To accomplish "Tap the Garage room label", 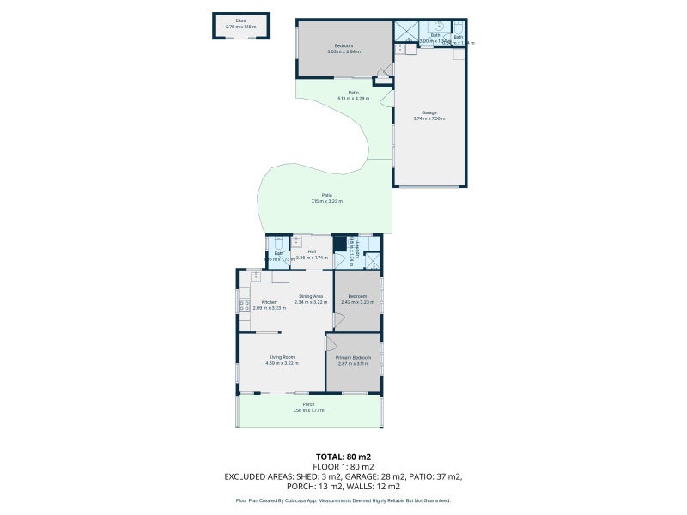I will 429,112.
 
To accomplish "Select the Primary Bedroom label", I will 353,357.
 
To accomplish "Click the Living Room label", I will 282,357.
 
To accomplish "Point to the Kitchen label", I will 269,301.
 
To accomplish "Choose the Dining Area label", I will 311,296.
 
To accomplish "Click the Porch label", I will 308,404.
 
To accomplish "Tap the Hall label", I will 312,251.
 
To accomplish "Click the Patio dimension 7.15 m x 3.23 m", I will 326,201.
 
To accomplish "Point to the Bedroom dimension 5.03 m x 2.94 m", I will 343,51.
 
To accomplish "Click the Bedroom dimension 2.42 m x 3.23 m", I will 357,302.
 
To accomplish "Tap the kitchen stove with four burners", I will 244,305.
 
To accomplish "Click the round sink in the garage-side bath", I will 438,27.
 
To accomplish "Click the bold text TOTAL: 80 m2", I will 343,457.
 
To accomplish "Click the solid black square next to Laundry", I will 339,243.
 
